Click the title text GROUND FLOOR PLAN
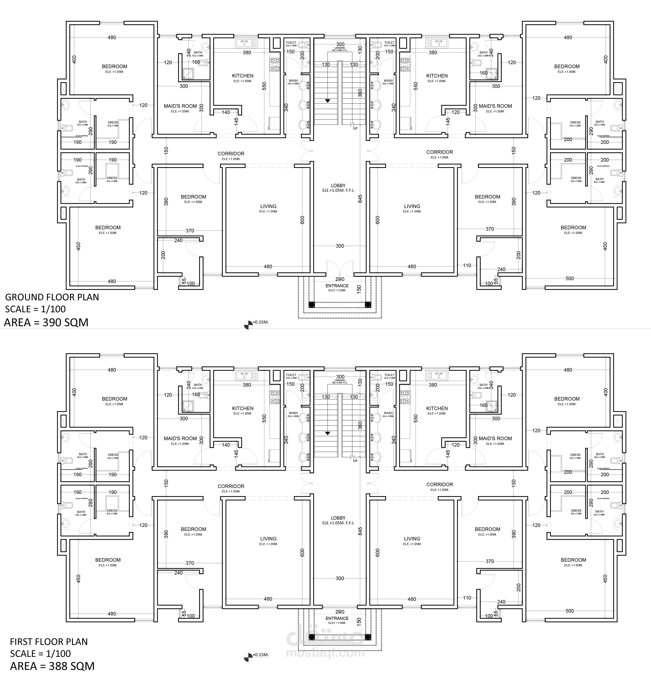(52, 297)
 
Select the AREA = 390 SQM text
(46, 322)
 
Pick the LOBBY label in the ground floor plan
(338, 186)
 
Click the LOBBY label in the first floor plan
(338, 518)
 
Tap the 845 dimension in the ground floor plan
(360, 199)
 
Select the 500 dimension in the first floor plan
(569, 611)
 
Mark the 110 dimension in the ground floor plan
(467, 265)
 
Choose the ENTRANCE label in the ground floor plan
(337, 286)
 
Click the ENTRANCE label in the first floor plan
(337, 618)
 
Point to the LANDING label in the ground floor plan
(340, 48)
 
